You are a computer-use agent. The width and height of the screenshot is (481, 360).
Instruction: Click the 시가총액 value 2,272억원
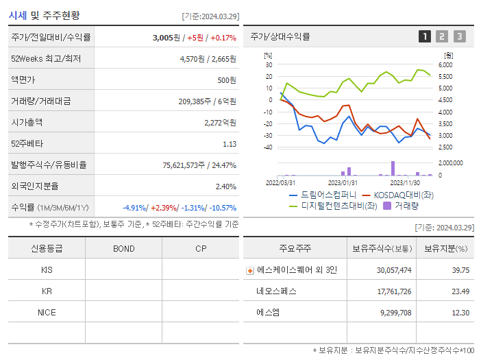[x=220, y=123]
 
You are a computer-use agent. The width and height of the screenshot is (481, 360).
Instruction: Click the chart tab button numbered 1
[x=425, y=37]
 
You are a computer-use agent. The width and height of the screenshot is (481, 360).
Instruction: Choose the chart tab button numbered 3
[x=459, y=37]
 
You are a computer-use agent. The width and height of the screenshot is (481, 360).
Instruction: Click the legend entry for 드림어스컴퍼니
[x=319, y=195]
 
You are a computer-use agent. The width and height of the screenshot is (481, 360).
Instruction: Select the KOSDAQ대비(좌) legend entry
[x=401, y=195]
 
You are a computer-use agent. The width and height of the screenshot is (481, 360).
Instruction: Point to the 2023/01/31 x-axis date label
[x=343, y=182]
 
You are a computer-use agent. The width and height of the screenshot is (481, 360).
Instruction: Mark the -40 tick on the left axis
[x=268, y=147]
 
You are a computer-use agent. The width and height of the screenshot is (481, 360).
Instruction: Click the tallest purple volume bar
[x=393, y=168]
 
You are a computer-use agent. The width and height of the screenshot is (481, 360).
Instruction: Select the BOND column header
[x=123, y=248]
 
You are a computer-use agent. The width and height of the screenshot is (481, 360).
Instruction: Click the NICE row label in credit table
[x=47, y=312]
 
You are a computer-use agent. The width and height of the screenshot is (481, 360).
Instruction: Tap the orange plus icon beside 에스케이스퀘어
[x=249, y=270]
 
